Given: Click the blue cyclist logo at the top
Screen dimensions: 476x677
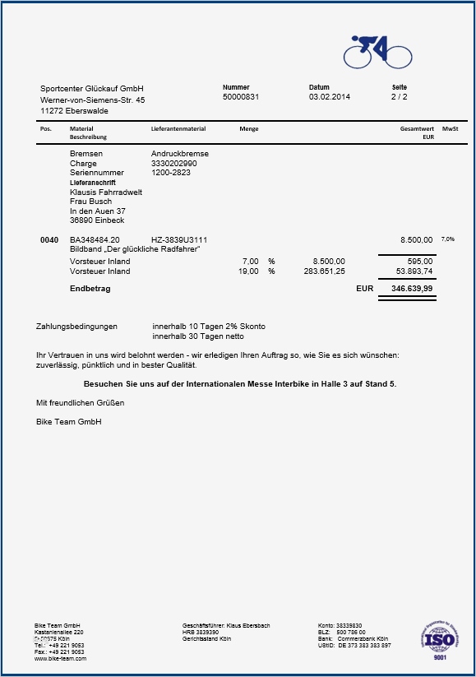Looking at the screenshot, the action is tap(377, 52).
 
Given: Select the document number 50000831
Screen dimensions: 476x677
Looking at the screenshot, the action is tap(241, 97).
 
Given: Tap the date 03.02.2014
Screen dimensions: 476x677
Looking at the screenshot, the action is tap(329, 97).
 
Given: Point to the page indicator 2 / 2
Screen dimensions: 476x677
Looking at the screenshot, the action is tap(400, 97).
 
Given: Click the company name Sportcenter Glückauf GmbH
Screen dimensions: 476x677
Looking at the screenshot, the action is tap(92, 88).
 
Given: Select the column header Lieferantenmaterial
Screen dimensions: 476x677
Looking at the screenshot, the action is tap(178, 129).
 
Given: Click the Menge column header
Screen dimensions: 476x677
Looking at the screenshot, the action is tap(248, 129).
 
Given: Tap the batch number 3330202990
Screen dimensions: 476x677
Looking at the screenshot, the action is tap(174, 164).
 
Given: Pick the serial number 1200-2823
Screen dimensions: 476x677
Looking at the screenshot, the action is tap(171, 173).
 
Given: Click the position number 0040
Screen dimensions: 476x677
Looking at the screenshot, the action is tap(49, 240).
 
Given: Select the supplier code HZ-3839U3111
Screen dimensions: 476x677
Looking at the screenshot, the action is tap(179, 240).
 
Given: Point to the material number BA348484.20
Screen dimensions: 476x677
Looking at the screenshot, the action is tap(95, 240).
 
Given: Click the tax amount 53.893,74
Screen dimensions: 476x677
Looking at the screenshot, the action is tap(414, 271).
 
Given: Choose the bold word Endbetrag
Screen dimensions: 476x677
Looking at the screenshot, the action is tap(90, 290).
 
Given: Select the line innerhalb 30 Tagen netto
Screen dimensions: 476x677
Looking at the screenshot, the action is tap(198, 336).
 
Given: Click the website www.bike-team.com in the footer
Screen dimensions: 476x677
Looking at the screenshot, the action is tap(60, 659).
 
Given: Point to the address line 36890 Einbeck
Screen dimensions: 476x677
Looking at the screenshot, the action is tap(97, 220).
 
